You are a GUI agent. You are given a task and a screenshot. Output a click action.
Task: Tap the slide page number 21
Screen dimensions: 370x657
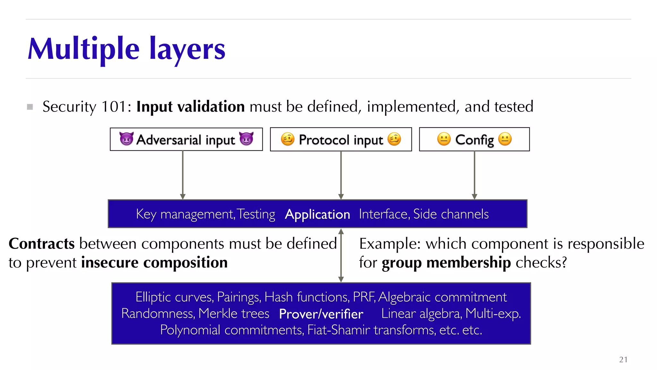(623, 359)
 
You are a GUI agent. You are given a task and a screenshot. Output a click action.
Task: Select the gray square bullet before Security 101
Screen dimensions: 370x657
(30, 107)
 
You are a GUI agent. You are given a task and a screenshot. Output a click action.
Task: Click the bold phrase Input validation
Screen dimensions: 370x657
(191, 107)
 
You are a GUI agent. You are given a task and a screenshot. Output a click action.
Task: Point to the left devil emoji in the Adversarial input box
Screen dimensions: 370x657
(126, 139)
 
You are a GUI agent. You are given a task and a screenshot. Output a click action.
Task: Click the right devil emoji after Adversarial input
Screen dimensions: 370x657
(246, 139)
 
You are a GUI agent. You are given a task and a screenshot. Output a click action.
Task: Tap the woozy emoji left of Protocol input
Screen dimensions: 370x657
(287, 139)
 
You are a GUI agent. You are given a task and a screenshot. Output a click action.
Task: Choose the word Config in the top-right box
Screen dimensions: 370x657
(474, 140)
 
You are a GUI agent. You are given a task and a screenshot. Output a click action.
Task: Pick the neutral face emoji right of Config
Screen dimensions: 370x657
(505, 139)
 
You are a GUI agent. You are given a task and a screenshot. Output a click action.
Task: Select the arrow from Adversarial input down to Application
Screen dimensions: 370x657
(183, 175)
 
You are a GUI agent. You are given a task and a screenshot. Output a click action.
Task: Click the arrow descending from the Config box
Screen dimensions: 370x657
(474, 175)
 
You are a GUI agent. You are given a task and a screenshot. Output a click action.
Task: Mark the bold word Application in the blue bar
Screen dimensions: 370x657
(317, 214)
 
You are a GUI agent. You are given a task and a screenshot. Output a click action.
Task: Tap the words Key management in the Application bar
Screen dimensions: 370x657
(185, 214)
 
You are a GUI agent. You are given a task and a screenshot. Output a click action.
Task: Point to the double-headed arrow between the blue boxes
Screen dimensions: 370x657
(341, 255)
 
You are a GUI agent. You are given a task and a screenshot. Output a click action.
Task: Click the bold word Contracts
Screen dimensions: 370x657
(42, 243)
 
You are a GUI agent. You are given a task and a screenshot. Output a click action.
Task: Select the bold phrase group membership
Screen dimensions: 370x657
(446, 263)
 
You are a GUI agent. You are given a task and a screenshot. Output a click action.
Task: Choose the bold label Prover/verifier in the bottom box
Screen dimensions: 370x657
(321, 314)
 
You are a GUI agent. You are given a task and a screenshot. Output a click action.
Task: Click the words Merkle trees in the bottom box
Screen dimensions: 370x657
(234, 313)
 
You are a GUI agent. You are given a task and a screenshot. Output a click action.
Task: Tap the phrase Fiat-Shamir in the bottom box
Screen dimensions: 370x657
(338, 330)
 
